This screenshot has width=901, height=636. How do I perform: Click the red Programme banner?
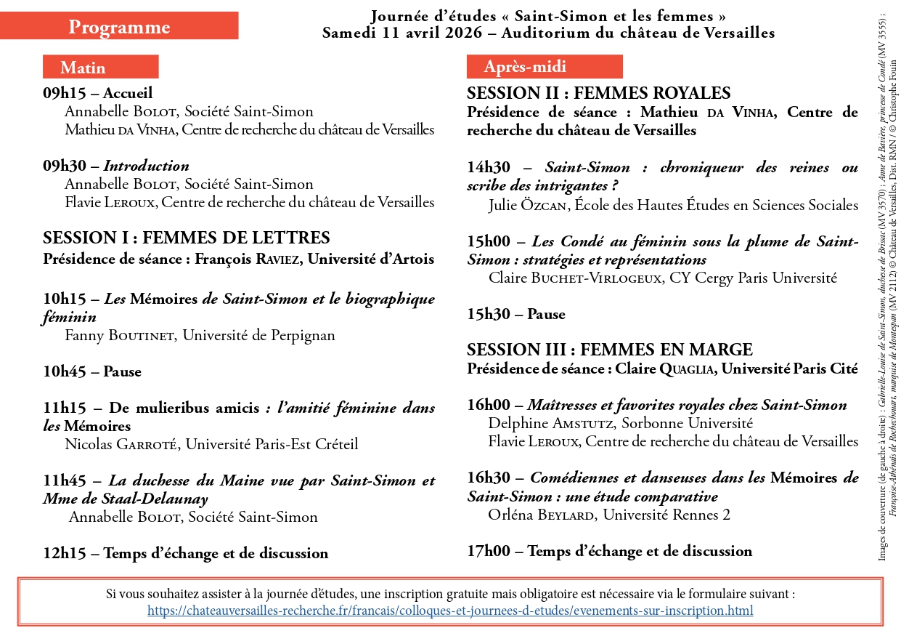coord(119,27)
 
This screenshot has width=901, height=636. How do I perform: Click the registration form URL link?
coord(449,611)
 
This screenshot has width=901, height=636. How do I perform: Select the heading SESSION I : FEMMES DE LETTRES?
coord(187,238)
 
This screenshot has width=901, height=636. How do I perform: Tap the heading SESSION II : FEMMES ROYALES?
coord(598,93)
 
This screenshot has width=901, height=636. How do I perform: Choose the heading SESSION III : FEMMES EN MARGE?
coord(609,350)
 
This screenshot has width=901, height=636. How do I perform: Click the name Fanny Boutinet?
coord(120,335)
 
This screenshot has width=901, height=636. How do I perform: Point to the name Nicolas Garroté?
coord(121,444)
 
